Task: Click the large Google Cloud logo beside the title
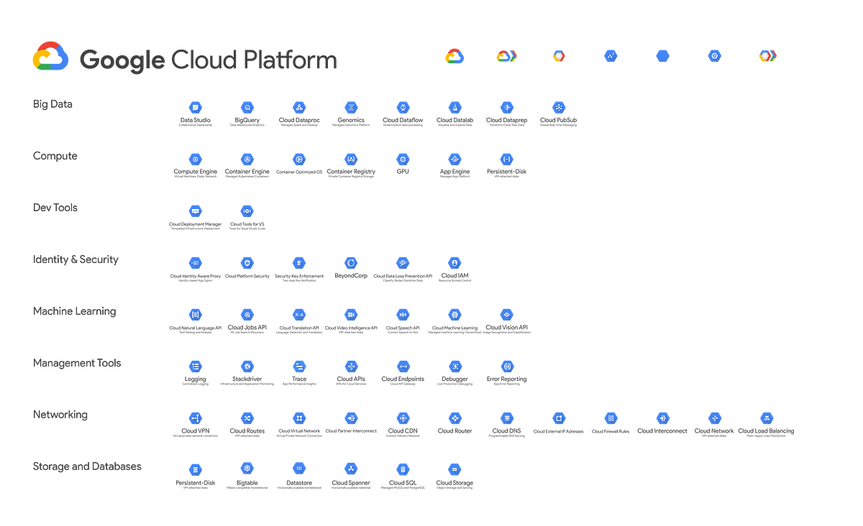point(50,56)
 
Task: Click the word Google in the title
point(119,60)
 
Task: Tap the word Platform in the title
point(289,59)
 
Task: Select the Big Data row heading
point(53,104)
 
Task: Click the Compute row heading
point(55,156)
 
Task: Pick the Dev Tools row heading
point(55,208)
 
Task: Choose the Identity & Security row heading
point(76,259)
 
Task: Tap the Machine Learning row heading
point(74,311)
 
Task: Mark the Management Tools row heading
point(77,363)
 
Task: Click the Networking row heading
point(60,415)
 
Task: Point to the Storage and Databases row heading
point(87,466)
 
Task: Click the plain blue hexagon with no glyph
point(662,55)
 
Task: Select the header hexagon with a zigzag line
point(611,55)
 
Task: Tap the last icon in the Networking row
point(766,417)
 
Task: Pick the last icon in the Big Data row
point(558,107)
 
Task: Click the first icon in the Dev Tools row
point(195,211)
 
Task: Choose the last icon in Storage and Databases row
point(454,469)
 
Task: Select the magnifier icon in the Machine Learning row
point(247,314)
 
